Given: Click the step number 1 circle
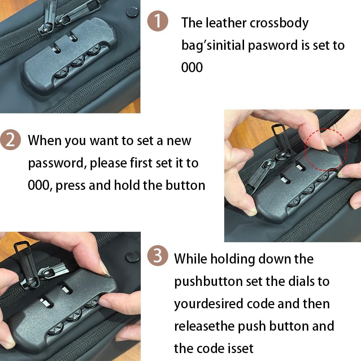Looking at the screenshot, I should [x=158, y=21].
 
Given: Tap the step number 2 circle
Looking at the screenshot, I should [x=10, y=140].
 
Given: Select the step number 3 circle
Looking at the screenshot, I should [x=158, y=257].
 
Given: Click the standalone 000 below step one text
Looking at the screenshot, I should [x=192, y=68].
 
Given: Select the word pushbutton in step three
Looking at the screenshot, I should [x=208, y=282].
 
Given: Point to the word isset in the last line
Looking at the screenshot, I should [x=241, y=348].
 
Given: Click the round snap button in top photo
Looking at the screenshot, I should [x=131, y=11].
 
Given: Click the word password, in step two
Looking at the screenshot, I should [x=57, y=163].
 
